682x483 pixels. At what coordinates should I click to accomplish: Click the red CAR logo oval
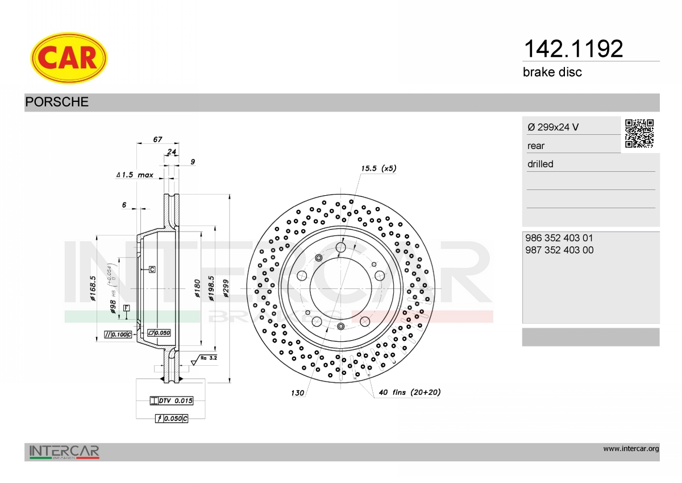pyautogui.click(x=69, y=58)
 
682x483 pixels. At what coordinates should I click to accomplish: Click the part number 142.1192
pyautogui.click(x=573, y=48)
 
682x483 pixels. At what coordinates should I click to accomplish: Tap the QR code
pyautogui.click(x=639, y=134)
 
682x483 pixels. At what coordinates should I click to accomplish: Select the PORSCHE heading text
pyautogui.click(x=57, y=102)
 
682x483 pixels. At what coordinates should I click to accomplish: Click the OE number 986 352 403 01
pyautogui.click(x=559, y=238)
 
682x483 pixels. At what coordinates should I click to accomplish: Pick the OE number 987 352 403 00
pyautogui.click(x=559, y=250)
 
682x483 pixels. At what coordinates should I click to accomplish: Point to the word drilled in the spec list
pyautogui.click(x=540, y=164)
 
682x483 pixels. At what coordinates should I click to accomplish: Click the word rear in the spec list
pyautogui.click(x=536, y=146)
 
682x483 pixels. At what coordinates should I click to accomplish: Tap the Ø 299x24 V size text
pyautogui.click(x=553, y=127)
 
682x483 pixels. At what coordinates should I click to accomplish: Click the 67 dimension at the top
pyautogui.click(x=157, y=139)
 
